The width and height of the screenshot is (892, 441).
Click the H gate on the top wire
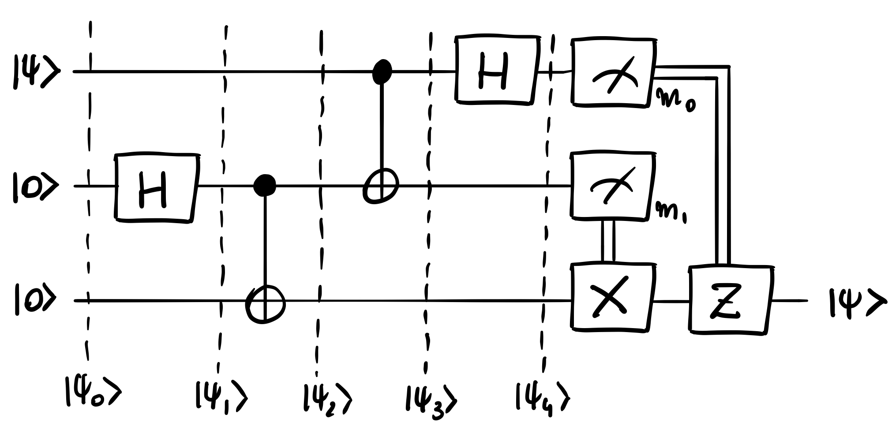tap(498, 71)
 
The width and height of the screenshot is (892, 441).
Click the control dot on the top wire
tap(382, 72)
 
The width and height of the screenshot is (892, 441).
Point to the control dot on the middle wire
tap(265, 186)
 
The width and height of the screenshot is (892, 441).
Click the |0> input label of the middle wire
tap(34, 187)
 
